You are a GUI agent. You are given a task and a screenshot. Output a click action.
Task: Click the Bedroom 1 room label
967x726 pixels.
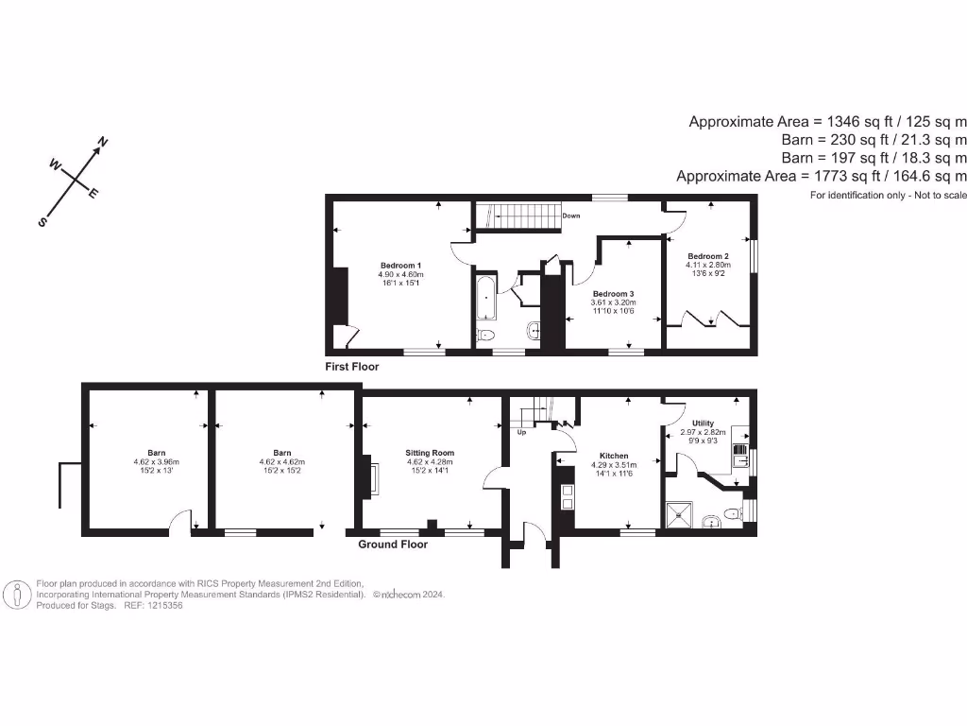click(400, 265)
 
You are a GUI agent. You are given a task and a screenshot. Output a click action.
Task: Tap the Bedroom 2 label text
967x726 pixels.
click(707, 256)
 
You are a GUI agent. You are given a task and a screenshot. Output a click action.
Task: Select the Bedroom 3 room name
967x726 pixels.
click(613, 293)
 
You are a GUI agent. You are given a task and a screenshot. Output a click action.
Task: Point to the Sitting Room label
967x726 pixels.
click(430, 453)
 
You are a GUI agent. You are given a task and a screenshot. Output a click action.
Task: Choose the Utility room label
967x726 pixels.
click(703, 423)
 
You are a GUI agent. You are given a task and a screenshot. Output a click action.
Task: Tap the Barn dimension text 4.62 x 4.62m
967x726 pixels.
click(281, 462)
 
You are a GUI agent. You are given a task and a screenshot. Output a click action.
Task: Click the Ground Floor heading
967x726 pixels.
click(393, 544)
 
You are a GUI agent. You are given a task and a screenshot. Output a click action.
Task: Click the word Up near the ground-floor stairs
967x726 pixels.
click(521, 433)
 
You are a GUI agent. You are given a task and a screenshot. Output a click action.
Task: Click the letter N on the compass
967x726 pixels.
click(102, 144)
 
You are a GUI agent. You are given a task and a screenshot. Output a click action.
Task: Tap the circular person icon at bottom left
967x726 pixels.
click(17, 596)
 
